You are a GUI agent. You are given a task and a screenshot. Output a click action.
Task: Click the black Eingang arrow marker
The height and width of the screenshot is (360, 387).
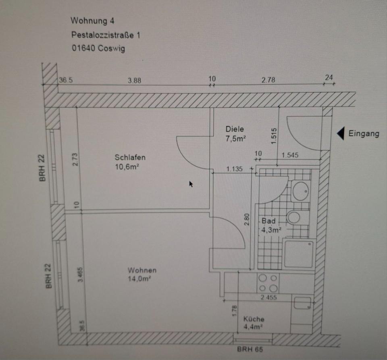pos(340,133)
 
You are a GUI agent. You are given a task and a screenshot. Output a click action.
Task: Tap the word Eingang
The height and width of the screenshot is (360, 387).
pos(364,134)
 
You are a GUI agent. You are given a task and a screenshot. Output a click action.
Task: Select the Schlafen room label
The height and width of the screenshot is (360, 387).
pos(130,158)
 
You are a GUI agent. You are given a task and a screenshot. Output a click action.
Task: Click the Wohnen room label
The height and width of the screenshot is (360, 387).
pos(142,270)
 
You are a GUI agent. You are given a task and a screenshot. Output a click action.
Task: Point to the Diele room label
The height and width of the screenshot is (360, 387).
pos(235,129)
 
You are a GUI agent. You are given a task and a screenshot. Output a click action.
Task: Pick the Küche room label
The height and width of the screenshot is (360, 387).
pos(254,319)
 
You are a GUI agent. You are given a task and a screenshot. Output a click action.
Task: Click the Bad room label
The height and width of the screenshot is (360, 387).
pos(268,221)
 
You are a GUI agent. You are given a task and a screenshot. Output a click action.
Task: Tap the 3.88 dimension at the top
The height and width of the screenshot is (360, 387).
pos(134,80)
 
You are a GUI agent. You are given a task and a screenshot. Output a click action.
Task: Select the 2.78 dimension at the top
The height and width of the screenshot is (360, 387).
pos(268,80)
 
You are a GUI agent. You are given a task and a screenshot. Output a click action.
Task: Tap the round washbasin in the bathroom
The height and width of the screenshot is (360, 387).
pos(300,190)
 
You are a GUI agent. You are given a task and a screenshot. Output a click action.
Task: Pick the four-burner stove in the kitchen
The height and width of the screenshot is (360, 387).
pos(268,283)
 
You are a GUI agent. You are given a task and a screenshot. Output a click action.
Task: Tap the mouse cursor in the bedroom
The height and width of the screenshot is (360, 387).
pos(191,184)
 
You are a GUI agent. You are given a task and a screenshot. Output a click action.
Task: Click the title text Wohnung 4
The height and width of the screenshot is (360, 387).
pos(92,21)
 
